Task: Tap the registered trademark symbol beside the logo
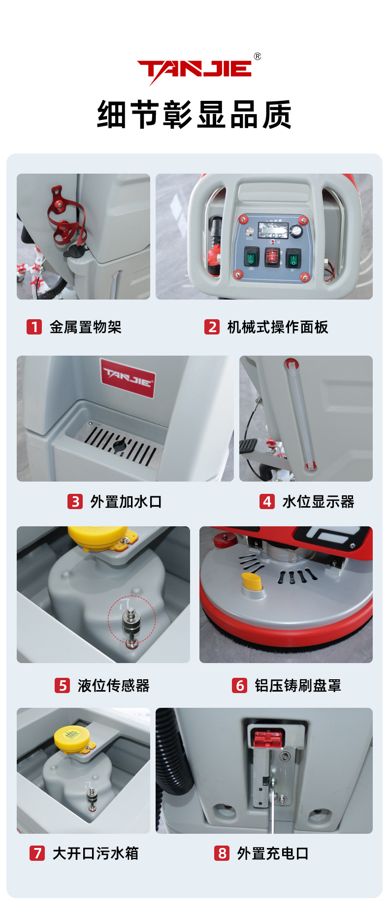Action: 258,57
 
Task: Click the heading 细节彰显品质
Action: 194,115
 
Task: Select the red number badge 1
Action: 34,327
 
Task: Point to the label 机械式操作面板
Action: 278,327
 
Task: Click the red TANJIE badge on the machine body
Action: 128,377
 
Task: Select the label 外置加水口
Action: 126,502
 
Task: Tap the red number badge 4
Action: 267,501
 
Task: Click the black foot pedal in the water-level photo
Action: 249,446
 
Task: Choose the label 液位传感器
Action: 113,686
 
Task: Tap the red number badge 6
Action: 239,685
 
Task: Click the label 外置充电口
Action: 273,853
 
